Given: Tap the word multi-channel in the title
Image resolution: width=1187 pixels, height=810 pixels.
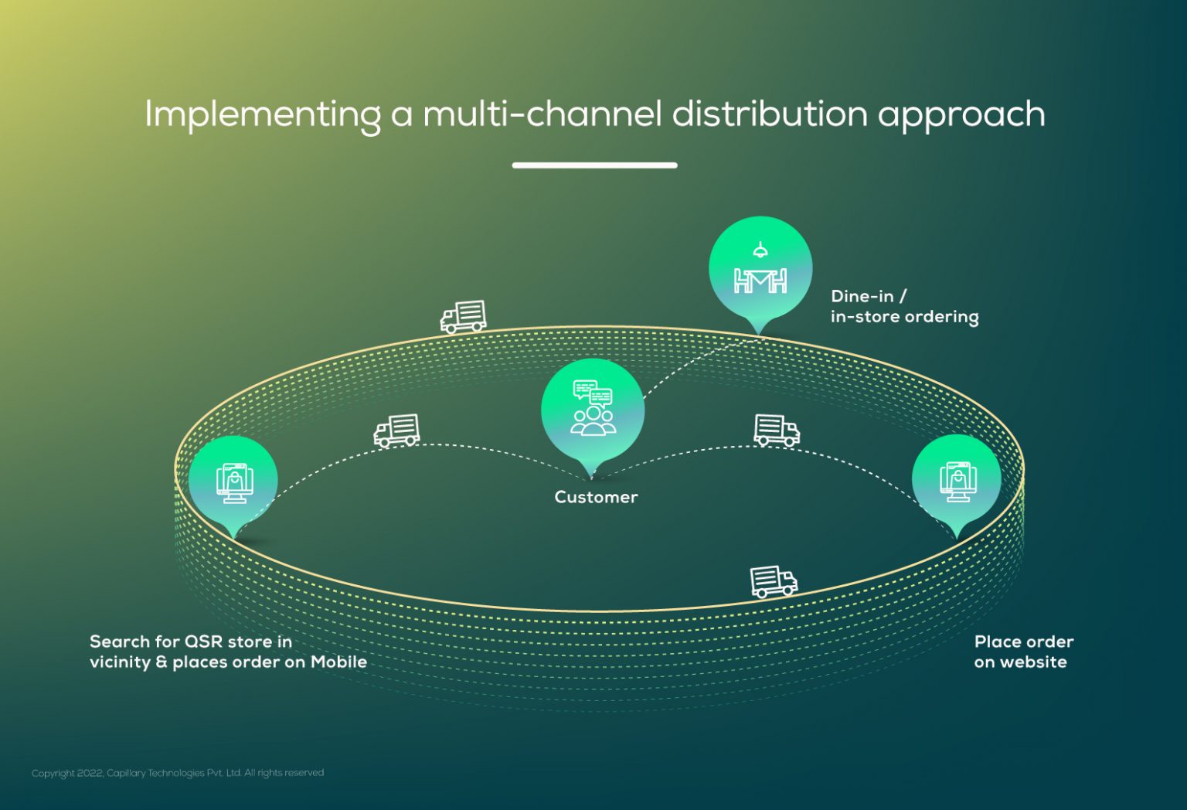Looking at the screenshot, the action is pyautogui.click(x=542, y=114).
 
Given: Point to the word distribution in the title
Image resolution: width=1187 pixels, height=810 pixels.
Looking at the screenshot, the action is pyautogui.click(x=770, y=114).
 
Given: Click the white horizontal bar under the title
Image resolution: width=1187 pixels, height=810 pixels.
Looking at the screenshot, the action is pyautogui.click(x=594, y=165).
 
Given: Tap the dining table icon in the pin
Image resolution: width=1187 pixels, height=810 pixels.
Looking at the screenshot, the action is pyautogui.click(x=760, y=281).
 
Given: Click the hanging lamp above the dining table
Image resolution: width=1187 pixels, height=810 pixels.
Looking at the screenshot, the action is pyautogui.click(x=760, y=250).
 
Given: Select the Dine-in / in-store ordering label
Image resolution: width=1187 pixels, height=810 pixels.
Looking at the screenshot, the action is pyautogui.click(x=905, y=306).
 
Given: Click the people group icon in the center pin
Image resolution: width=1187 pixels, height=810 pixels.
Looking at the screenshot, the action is pyautogui.click(x=593, y=421).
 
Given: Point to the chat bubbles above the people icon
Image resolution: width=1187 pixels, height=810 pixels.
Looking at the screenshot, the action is pyautogui.click(x=593, y=392).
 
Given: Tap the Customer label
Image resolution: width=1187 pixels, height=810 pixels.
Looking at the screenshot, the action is pyautogui.click(x=596, y=497).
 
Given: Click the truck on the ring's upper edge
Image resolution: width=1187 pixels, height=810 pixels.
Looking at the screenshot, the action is pyautogui.click(x=463, y=317).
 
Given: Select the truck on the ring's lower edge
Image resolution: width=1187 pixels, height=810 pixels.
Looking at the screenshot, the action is pyautogui.click(x=774, y=581).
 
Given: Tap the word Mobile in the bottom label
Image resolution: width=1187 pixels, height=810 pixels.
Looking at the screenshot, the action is pyautogui.click(x=338, y=662).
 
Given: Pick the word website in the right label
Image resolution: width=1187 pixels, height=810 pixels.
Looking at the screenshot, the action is pyautogui.click(x=1033, y=662).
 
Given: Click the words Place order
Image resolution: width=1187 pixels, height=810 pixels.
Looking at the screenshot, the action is pyautogui.click(x=1024, y=642).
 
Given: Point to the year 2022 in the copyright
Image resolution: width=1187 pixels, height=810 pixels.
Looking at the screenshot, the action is pyautogui.click(x=90, y=773).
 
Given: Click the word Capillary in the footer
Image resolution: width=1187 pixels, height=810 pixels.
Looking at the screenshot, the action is pyautogui.click(x=126, y=774).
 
